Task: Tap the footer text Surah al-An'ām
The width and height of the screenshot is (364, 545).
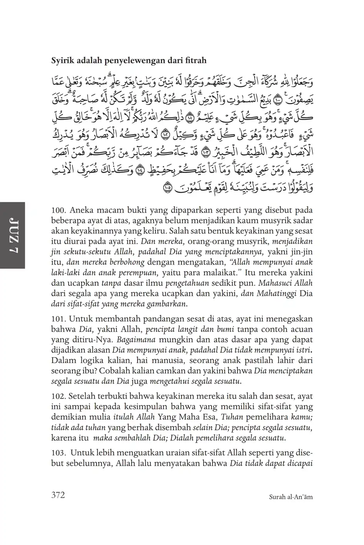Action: (291, 497)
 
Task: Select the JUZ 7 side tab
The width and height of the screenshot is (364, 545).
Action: (12, 235)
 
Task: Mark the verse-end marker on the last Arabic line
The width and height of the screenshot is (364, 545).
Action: (167, 188)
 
